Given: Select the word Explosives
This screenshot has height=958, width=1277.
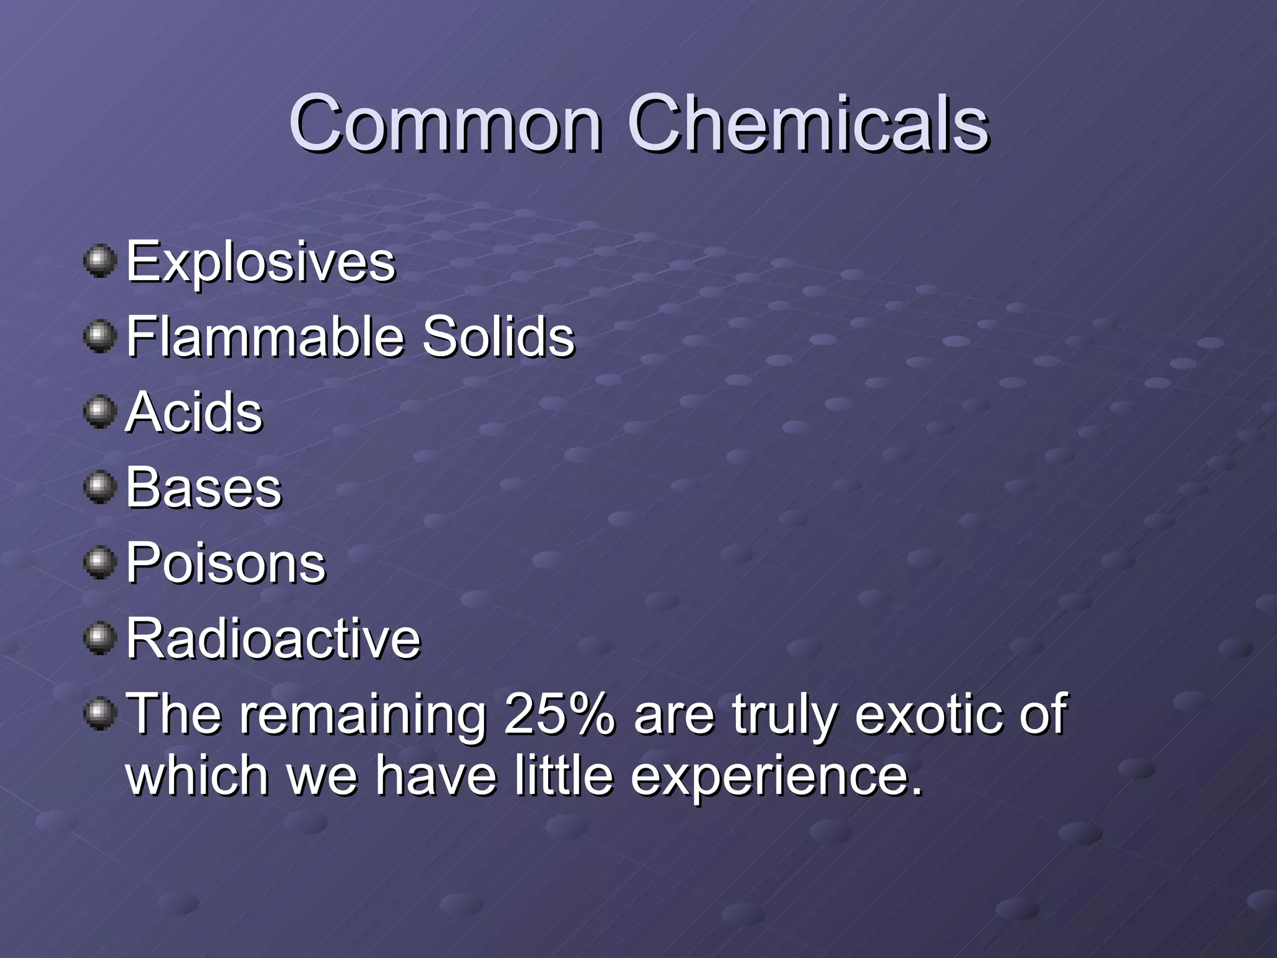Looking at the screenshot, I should [261, 263].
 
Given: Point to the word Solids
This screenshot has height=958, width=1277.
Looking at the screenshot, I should [498, 337].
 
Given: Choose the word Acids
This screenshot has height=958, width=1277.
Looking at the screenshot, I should [194, 412].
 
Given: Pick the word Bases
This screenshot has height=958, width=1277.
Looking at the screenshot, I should [204, 488].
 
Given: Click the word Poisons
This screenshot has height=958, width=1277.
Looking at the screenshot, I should [226, 563].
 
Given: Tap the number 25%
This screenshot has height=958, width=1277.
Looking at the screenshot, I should [559, 714].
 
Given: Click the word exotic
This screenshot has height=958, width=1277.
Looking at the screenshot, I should [928, 714].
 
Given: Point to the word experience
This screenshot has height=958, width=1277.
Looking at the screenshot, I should [776, 777].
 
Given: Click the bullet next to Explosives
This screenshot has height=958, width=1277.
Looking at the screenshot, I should [100, 261].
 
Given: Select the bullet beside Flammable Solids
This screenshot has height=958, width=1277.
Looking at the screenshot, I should [100, 337].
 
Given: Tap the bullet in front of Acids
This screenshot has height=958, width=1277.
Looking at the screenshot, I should [100, 412].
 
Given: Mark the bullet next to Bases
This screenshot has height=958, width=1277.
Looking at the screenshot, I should [100, 488].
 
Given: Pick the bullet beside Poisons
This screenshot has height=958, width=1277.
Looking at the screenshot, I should [100, 563].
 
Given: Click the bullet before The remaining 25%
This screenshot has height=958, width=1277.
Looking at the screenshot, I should [100, 714].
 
